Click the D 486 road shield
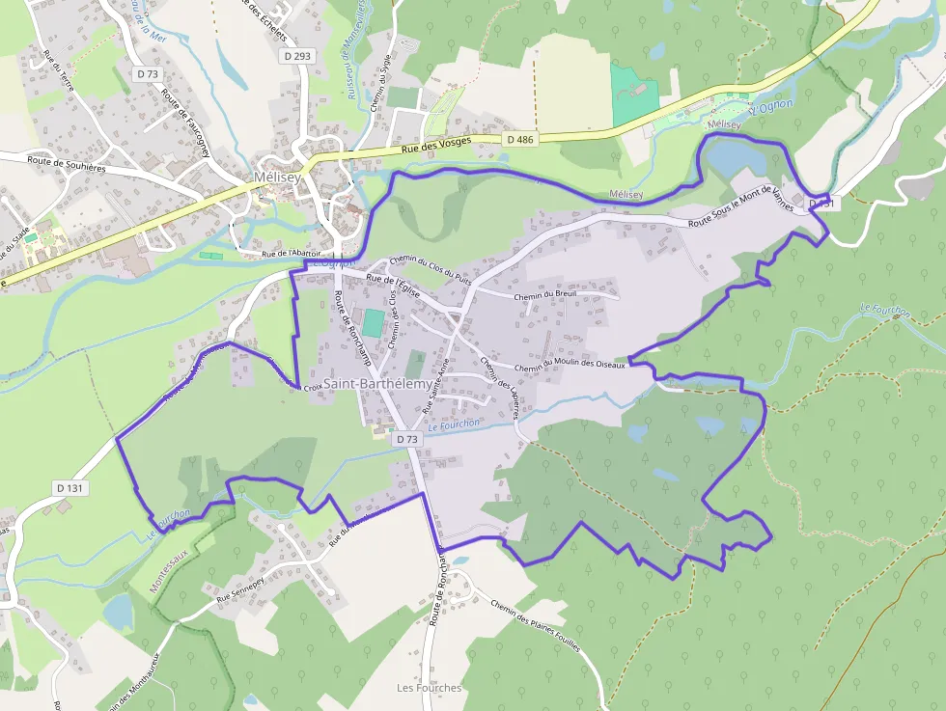[519, 140]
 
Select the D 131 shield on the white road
[70, 488]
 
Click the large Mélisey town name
[276, 178]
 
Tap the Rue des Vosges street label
[436, 145]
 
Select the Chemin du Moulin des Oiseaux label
[570, 365]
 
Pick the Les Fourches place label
[430, 688]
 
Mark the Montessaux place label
[174, 565]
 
